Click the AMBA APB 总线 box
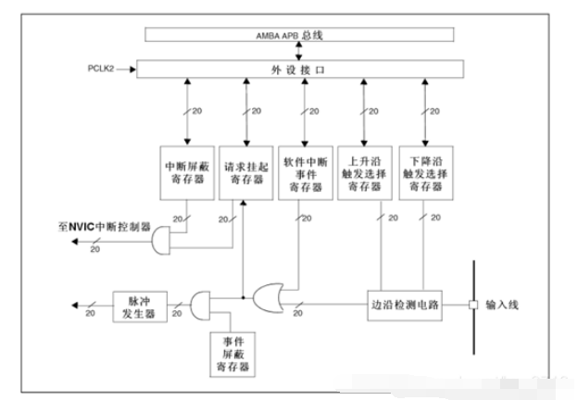pyautogui.click(x=299, y=34)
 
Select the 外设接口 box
pyautogui.click(x=300, y=69)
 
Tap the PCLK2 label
pyautogui.click(x=100, y=69)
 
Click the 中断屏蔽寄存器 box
pyautogui.click(x=187, y=173)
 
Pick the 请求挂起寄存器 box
pyautogui.click(x=246, y=173)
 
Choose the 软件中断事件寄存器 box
pyautogui.click(x=306, y=173)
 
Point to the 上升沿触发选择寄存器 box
pyautogui.click(x=365, y=173)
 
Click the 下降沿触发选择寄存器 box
pyautogui.click(x=426, y=173)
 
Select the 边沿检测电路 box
pyautogui.click(x=405, y=306)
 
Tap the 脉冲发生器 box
pyautogui.click(x=140, y=307)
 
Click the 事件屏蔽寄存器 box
pyautogui.click(x=232, y=355)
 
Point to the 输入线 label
pyautogui.click(x=502, y=305)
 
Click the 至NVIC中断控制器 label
pyautogui.click(x=105, y=227)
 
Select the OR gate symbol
pyautogui.click(x=269, y=298)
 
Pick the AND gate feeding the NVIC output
pyautogui.click(x=161, y=241)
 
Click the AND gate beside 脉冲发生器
pyautogui.click(x=200, y=306)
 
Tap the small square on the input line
pyautogui.click(x=473, y=305)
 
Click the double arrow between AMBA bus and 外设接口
pyautogui.click(x=299, y=51)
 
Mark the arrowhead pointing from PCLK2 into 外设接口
pyautogui.click(x=132, y=69)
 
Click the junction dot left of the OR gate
pyautogui.click(x=243, y=297)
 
